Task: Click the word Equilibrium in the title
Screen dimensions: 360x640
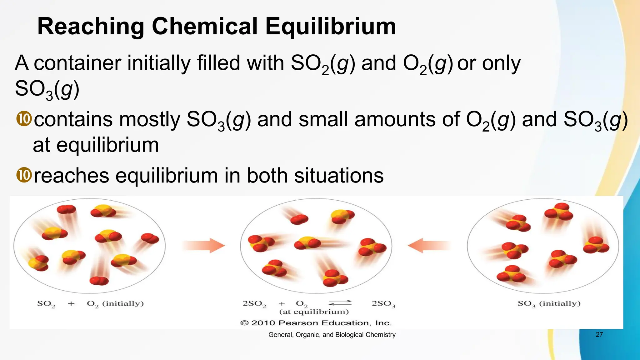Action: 331,26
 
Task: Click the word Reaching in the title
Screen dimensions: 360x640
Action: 91,26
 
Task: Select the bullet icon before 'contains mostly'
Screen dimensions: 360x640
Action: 24,119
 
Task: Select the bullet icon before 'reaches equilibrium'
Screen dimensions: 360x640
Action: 24,175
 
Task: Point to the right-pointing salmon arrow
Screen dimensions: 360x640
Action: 203,245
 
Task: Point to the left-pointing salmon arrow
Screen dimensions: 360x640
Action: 429,245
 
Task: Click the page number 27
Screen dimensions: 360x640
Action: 599,334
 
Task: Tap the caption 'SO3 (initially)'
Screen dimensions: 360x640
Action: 549,303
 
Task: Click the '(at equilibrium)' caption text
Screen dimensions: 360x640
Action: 314,312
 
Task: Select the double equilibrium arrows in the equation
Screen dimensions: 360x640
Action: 340,302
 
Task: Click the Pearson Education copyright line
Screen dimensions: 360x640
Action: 316,323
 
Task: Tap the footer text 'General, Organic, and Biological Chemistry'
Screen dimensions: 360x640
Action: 332,335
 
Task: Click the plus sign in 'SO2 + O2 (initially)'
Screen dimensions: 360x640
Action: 71,303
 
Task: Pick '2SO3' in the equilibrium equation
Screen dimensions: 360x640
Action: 383,303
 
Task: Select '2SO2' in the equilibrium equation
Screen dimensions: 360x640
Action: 254,303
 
